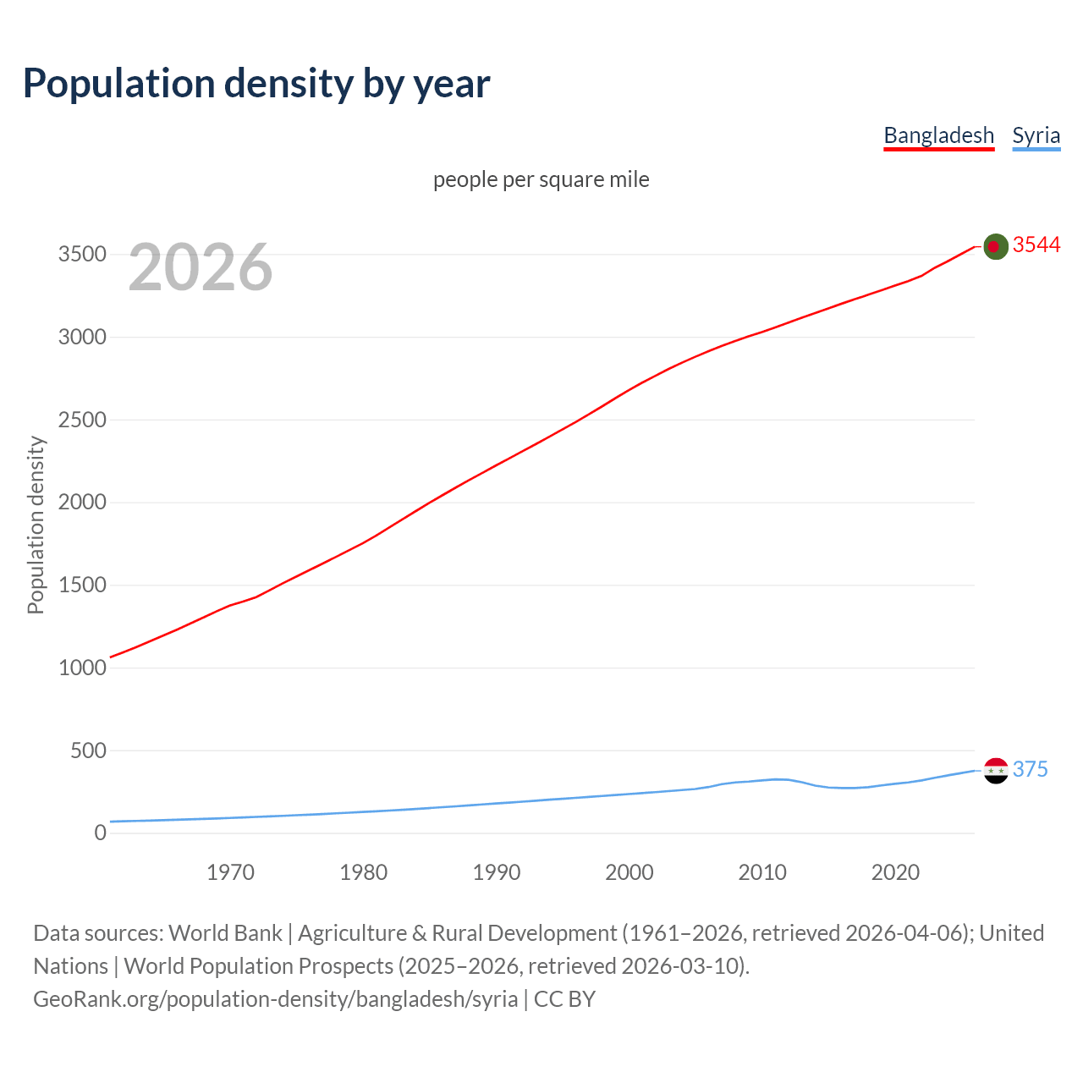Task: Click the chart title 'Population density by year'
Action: [x=256, y=84]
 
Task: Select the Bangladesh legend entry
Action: [x=938, y=135]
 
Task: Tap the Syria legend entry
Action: [x=1036, y=135]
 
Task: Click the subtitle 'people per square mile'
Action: [x=541, y=179]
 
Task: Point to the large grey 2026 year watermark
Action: [x=201, y=267]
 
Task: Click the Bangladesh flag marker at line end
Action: [x=996, y=246]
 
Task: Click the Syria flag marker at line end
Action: [x=996, y=770]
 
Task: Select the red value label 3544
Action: [x=1036, y=245]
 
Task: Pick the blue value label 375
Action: [x=1030, y=769]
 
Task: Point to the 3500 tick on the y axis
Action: [x=82, y=255]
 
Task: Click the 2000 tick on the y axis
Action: [x=82, y=503]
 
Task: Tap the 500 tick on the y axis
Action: [x=88, y=750]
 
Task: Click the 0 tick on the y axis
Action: [x=101, y=833]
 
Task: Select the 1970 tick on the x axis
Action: [x=230, y=872]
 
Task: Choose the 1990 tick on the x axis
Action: [x=497, y=872]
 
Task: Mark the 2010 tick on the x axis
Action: [x=762, y=872]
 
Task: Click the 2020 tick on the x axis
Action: [x=895, y=872]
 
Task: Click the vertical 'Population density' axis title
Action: [x=36, y=525]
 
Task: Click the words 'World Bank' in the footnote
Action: [x=225, y=933]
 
